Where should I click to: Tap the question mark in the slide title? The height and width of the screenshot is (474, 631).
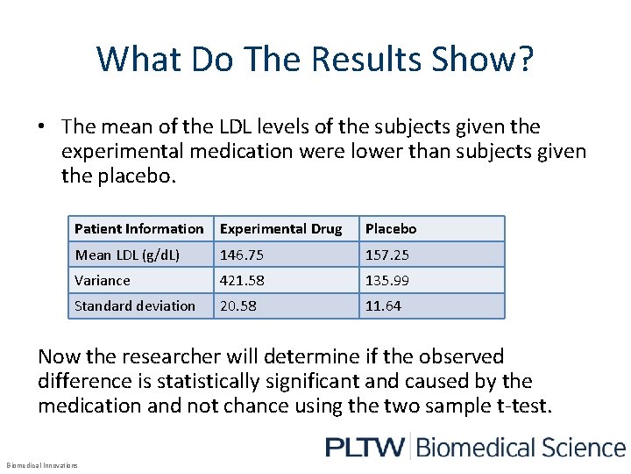524,59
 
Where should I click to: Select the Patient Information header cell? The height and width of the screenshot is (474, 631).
138,229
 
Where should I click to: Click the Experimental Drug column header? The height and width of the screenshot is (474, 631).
280,229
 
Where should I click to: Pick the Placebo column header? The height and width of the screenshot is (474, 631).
391,229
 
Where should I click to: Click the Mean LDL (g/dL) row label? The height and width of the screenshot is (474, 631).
126,255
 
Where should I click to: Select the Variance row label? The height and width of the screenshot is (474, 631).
102,281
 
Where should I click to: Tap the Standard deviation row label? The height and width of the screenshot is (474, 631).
134,306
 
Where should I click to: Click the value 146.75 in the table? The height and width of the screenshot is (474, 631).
241,255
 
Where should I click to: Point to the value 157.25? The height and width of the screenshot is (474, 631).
386,255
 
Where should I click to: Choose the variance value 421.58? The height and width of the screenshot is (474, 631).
241,281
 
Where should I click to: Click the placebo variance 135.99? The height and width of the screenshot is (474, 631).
386,281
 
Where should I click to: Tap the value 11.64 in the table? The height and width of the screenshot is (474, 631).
383,306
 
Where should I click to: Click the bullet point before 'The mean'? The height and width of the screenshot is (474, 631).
42,127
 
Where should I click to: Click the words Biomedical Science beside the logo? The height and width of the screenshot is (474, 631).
521,447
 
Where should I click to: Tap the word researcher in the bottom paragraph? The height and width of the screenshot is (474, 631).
167,356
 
